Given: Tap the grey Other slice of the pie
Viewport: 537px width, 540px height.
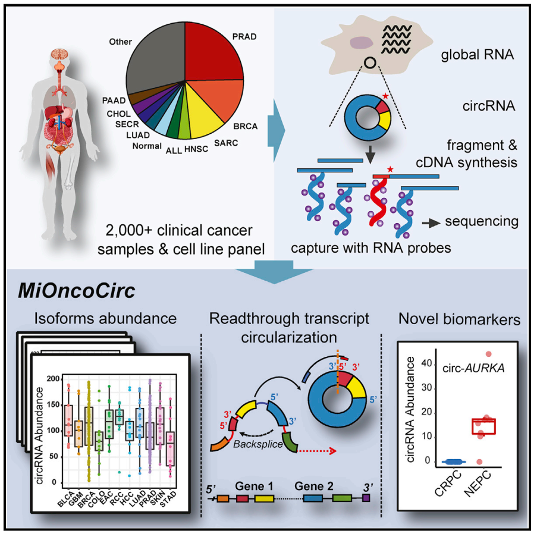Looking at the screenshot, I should pyautogui.click(x=156, y=59).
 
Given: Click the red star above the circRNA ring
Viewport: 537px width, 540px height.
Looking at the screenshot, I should pyautogui.click(x=387, y=95).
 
